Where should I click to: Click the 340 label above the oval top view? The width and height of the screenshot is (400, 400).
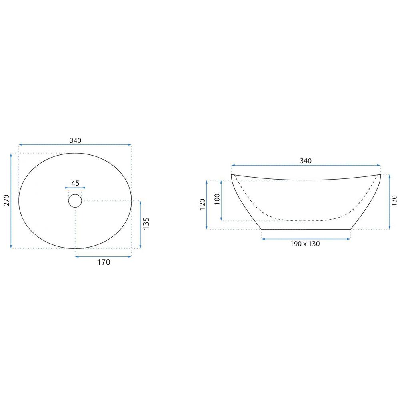pos(75,140)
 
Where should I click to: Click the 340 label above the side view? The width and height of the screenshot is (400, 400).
pos(306,161)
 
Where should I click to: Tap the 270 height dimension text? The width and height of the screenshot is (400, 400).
pos(6,200)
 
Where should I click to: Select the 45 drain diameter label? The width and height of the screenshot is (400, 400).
pos(75,183)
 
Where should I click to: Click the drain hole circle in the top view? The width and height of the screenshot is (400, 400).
pos(75,200)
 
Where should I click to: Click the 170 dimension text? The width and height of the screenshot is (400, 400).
pos(103,262)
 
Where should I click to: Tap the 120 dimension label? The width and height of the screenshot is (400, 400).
pos(202,204)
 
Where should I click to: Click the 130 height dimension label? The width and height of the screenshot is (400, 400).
pos(395,201)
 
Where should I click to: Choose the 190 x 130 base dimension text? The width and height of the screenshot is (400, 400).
pos(306,244)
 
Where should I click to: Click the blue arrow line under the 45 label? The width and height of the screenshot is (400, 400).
pos(75,188)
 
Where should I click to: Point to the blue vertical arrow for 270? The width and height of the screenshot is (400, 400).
pos(11,200)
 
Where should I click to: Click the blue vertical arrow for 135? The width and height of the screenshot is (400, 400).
pos(140,224)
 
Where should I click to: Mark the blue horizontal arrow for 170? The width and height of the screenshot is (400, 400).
pos(103,256)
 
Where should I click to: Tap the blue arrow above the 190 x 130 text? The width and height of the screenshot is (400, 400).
pos(306,239)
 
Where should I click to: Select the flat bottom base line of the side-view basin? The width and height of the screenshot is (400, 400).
pos(306,230)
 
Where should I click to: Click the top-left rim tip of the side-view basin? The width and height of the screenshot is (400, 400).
pos(232,175)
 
